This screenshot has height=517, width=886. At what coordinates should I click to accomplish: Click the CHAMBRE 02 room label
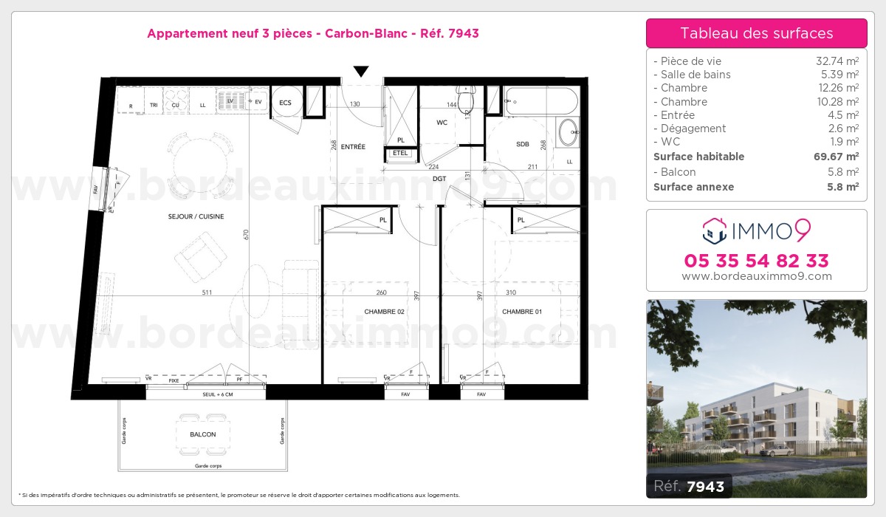point(384,312)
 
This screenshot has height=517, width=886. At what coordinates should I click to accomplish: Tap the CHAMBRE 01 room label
point(522,312)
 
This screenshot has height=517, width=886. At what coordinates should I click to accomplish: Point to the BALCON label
point(203,434)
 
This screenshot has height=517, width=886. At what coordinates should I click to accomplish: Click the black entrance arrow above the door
point(360,72)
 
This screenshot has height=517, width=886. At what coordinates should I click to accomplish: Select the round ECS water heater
point(286,103)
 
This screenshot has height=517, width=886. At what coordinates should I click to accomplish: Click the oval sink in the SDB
point(569,134)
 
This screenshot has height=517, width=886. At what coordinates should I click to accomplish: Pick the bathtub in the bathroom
point(543,101)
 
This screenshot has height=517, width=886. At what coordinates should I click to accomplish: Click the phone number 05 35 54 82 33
point(757,261)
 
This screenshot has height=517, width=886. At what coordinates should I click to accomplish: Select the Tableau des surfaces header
point(757,33)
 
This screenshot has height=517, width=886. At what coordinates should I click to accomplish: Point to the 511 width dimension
point(207,292)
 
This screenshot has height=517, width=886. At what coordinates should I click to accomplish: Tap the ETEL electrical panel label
point(400,153)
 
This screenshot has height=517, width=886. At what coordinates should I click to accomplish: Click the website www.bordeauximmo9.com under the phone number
point(757,277)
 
